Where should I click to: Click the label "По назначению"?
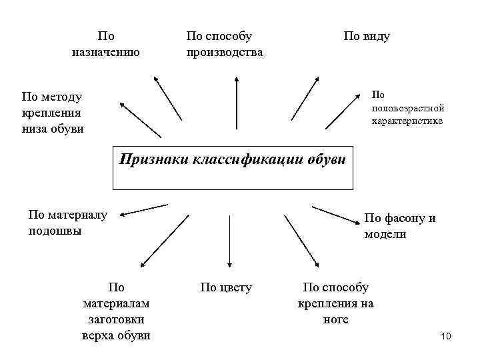[x=105, y=43]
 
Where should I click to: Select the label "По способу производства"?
[x=225, y=43]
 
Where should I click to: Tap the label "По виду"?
[x=366, y=36]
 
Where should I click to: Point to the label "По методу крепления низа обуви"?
[x=53, y=113]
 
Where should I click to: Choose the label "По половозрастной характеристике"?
[x=407, y=108]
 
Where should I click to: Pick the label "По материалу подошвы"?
[x=67, y=223]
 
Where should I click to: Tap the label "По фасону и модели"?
[x=399, y=227]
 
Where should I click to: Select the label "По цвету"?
[x=226, y=287]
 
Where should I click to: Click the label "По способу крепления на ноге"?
[x=335, y=303]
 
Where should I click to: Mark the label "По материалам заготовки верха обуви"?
[x=116, y=311]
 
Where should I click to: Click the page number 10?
[x=446, y=336]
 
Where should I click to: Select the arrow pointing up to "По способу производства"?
[x=235, y=108]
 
